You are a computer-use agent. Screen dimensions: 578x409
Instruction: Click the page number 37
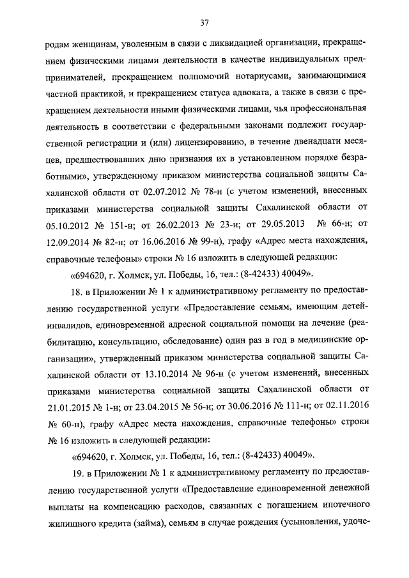[204, 24]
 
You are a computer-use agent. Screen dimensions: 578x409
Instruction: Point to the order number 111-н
[283, 404]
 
